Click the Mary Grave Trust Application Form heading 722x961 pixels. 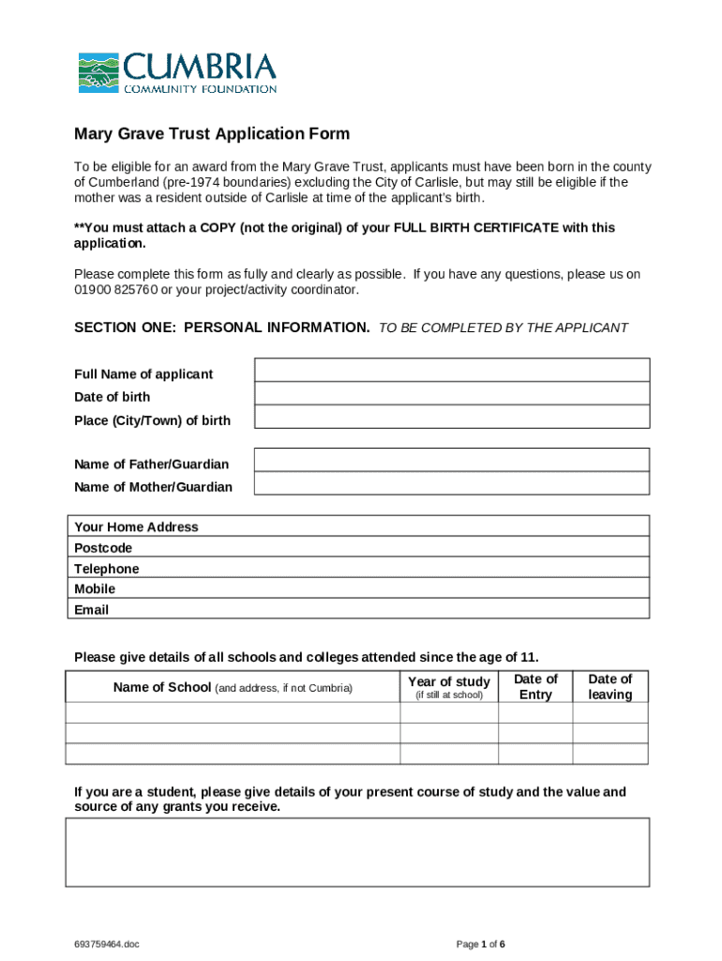212,134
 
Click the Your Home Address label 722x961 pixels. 136,527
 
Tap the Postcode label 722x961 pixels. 103,548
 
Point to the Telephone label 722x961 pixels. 106,569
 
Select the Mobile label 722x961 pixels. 95,589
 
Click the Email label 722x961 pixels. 91,610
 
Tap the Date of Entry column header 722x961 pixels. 535,687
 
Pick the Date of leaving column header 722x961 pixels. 610,687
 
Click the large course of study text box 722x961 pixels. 356,852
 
